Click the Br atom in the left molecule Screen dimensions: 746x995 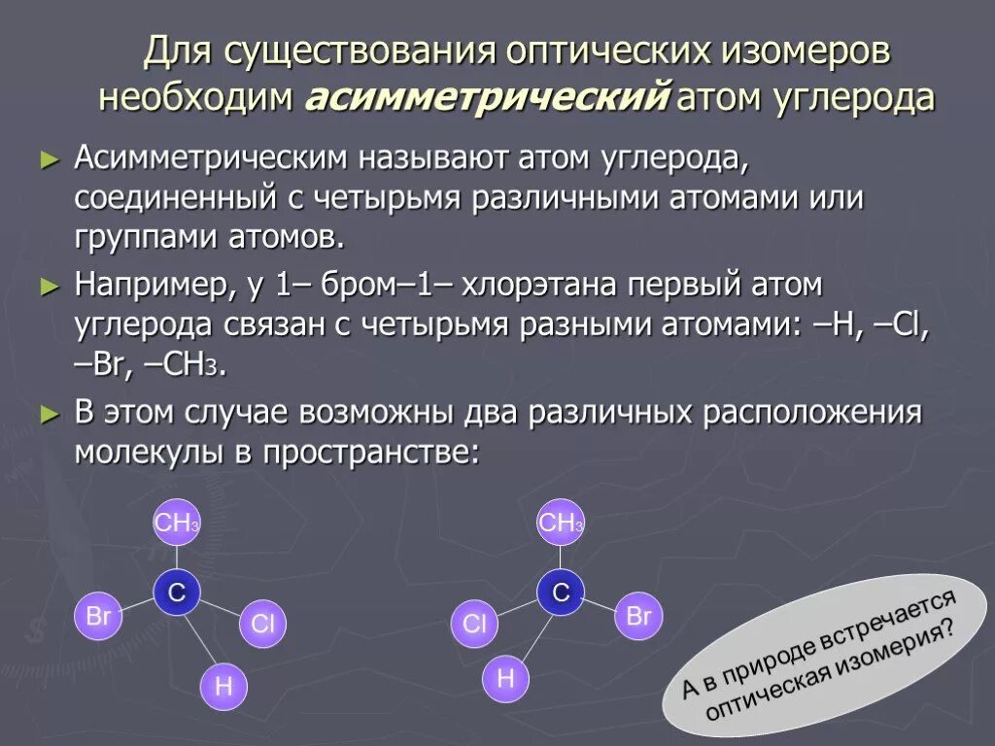(x=98, y=616)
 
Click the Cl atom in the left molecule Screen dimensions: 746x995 (x=262, y=624)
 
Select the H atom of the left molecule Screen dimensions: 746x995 (x=223, y=687)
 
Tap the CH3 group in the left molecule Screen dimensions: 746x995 (x=177, y=524)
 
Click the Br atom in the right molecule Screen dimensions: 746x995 (x=638, y=616)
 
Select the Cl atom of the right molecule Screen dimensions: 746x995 (x=474, y=624)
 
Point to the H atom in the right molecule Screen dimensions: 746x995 (x=505, y=678)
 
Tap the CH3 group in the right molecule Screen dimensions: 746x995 (x=561, y=524)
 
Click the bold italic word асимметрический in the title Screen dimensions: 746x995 (x=488, y=99)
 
